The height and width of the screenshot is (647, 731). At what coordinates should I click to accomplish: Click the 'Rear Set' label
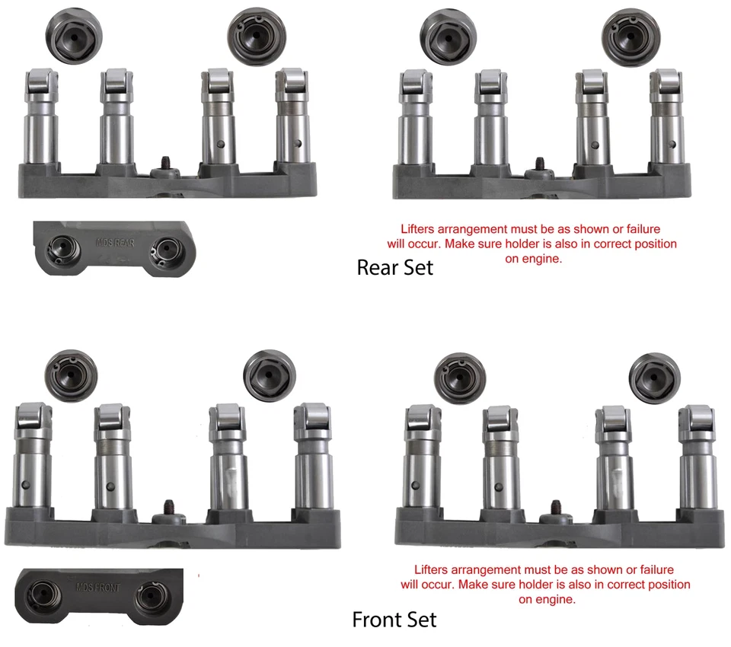pyautogui.click(x=394, y=267)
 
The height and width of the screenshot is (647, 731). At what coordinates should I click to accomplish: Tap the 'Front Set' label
pyautogui.click(x=394, y=620)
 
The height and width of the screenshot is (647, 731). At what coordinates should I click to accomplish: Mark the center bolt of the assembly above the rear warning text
pyautogui.click(x=539, y=164)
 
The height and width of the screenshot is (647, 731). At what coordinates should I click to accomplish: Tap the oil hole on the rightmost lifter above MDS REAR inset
pyautogui.click(x=297, y=142)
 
